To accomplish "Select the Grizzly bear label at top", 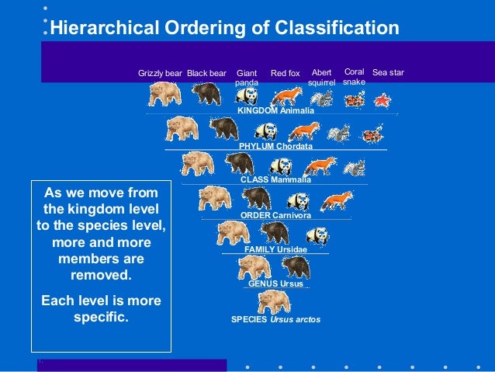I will (160, 74).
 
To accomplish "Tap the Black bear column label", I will (206, 74).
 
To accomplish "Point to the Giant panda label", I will (246, 78).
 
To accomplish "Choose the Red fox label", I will (285, 74).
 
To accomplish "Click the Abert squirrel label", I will (321, 77).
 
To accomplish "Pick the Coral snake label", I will (354, 77).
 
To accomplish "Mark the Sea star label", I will (388, 73).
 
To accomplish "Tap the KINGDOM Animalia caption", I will (275, 111).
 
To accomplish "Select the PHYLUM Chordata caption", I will (275, 146).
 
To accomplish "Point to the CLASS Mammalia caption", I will (275, 179).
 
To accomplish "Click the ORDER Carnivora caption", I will (275, 215).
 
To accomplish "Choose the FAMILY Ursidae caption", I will (275, 249).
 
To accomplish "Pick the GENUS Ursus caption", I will (275, 284).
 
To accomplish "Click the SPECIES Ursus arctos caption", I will (275, 319).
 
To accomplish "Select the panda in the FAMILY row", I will (317, 234).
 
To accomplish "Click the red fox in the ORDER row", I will (335, 200).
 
